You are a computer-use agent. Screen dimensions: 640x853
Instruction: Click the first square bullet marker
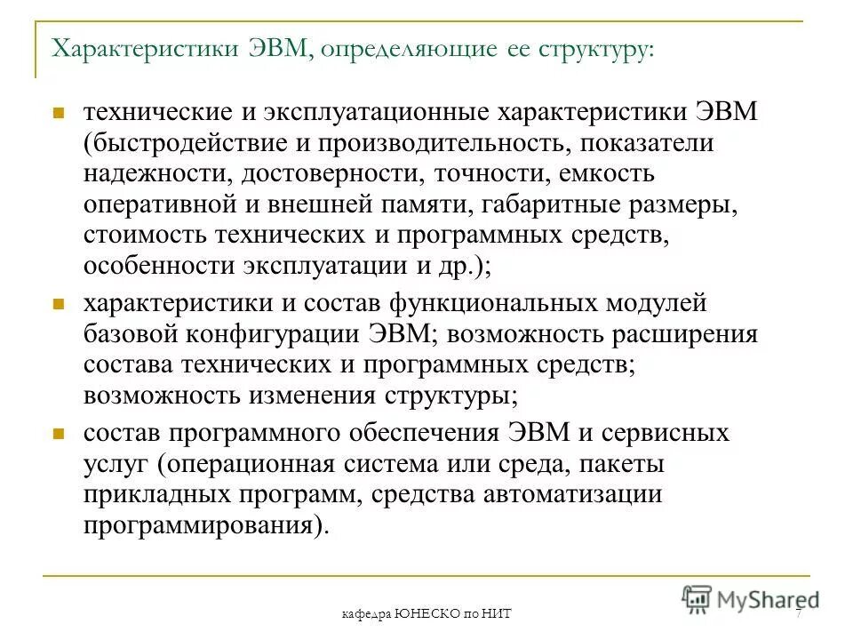[x=58, y=115]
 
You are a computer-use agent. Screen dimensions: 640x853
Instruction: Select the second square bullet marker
[x=58, y=304]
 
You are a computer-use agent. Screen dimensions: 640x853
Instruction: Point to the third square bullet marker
[x=58, y=434]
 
